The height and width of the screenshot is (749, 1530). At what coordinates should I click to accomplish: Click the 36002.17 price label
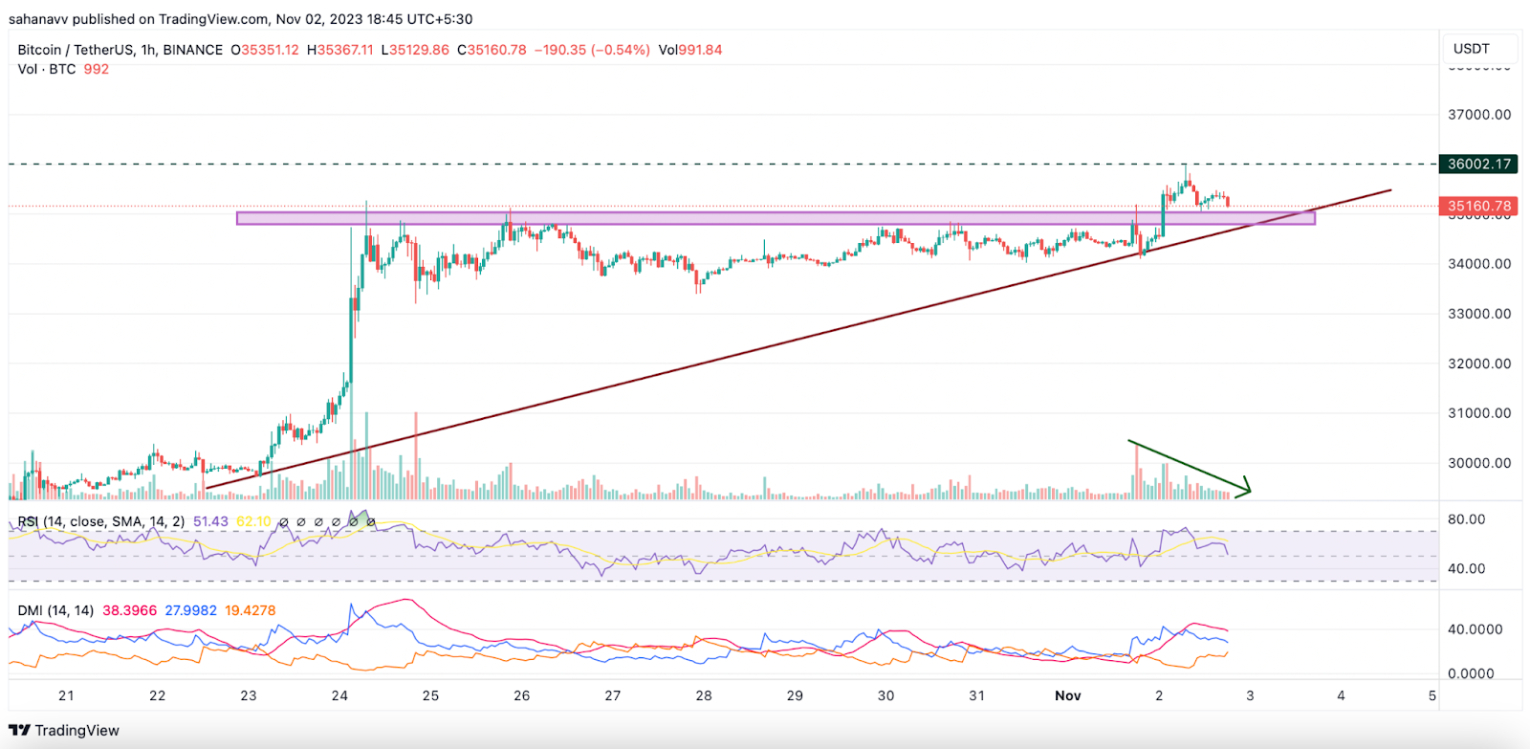coord(1478,164)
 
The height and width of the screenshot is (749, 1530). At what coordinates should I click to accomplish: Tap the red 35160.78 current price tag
coord(1478,206)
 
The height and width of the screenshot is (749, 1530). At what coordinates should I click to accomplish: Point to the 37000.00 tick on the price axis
coord(1479,115)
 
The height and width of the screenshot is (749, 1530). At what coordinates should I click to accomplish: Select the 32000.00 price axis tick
coord(1479,363)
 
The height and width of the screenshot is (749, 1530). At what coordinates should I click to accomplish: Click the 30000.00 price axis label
coord(1479,463)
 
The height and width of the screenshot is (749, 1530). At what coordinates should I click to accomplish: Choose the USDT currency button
coord(1471,49)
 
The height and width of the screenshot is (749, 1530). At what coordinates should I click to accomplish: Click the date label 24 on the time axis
coord(339,695)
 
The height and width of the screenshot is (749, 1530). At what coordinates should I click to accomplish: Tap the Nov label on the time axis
coord(1067,695)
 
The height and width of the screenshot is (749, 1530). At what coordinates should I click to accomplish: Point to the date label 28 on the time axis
coord(704,695)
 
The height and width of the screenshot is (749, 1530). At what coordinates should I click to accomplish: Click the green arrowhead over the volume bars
coord(1245,489)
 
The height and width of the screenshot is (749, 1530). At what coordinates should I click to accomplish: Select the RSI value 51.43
coord(210,521)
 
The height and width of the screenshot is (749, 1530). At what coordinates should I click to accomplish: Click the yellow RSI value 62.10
coord(253,521)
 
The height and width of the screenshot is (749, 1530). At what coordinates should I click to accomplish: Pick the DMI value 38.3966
coord(129,610)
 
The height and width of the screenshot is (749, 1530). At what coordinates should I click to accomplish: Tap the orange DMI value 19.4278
coord(250,610)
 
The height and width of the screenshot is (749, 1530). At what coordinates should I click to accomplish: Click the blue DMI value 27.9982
coord(190,610)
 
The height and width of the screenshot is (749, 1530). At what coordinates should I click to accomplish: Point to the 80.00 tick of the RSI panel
coord(1466,519)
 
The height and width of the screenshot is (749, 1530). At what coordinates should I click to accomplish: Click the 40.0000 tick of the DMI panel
coord(1475,629)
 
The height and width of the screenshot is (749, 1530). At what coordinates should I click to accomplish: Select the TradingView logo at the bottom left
coord(64,731)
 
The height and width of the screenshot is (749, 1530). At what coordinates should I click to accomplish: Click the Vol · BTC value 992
coord(96,69)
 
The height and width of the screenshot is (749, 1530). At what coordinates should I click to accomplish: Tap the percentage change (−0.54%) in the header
coord(621,50)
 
